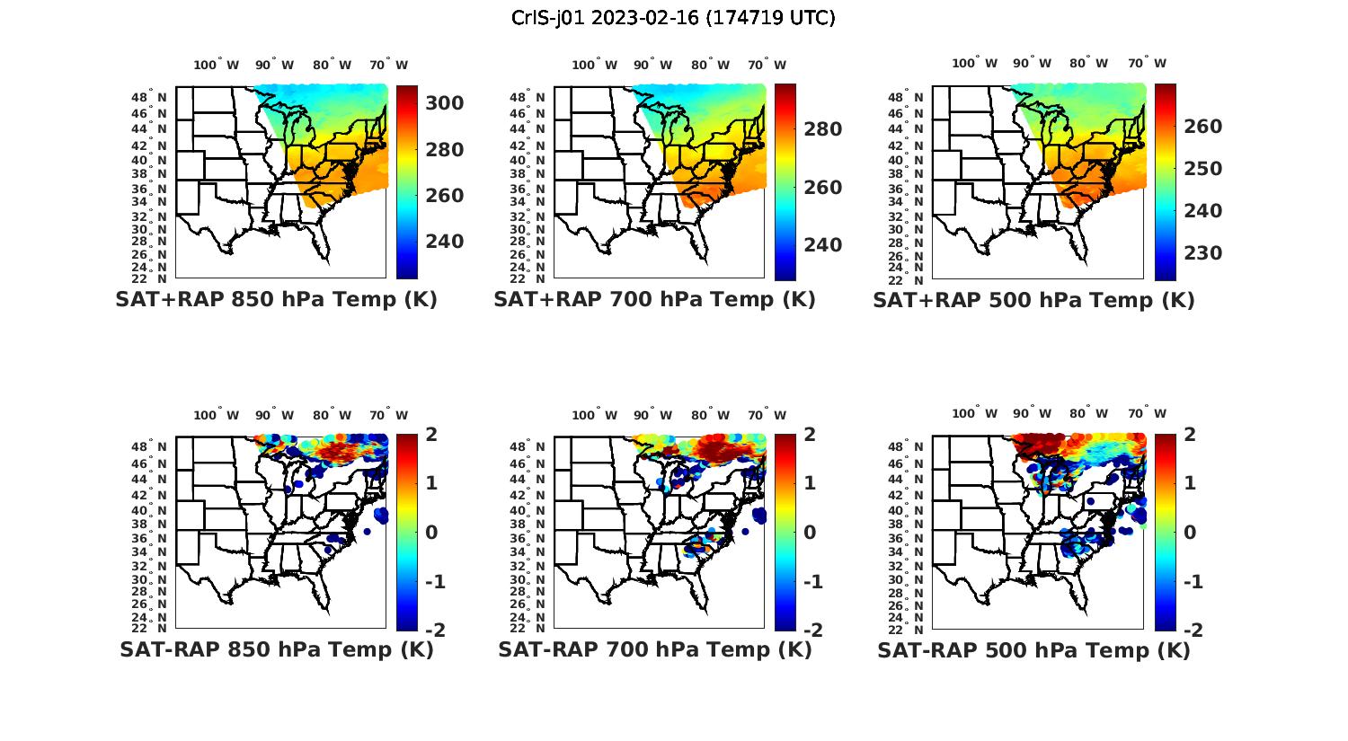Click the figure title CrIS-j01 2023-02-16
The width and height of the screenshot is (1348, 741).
673,17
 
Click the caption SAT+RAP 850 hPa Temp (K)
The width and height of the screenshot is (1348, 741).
276,299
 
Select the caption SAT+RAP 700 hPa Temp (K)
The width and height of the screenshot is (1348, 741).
654,299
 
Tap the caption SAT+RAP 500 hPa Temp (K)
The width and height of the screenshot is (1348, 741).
1033,300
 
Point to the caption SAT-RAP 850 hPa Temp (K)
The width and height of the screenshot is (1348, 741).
276,649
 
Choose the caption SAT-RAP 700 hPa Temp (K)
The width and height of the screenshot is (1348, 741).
654,649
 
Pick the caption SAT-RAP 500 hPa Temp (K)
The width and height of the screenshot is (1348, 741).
1033,650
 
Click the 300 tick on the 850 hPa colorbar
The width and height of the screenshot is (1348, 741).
444,103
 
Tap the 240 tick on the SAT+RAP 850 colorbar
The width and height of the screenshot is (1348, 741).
444,242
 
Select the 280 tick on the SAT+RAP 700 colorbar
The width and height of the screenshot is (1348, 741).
822,129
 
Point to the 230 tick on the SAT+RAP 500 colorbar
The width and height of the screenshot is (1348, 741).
1202,253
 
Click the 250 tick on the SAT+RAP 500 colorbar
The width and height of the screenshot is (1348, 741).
1202,169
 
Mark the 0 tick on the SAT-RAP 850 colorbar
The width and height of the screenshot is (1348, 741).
430,532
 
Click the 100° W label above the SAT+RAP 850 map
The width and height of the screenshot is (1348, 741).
216,65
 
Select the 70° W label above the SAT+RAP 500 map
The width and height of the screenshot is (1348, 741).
1147,63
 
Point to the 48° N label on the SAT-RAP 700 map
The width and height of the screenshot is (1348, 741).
528,447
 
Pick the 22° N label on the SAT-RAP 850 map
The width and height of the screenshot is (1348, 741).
149,628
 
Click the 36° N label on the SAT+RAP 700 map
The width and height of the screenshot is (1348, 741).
528,189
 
